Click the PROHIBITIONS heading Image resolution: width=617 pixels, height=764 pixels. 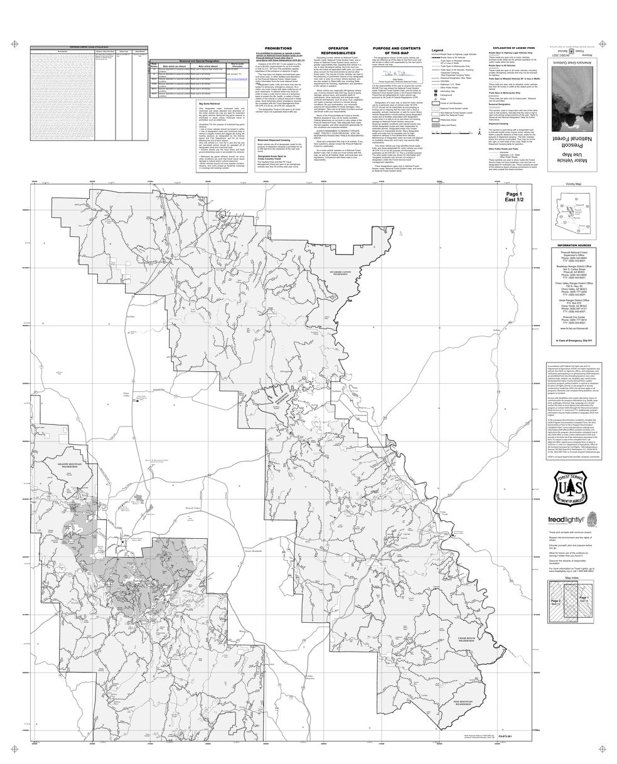tap(277, 48)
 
